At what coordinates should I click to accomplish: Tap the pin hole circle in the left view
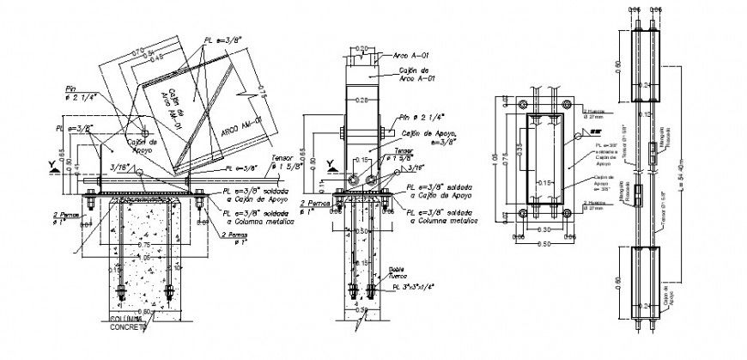tap(146, 132)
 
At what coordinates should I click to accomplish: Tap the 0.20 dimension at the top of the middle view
tap(363, 48)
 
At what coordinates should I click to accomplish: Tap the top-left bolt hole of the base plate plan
tap(513, 104)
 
